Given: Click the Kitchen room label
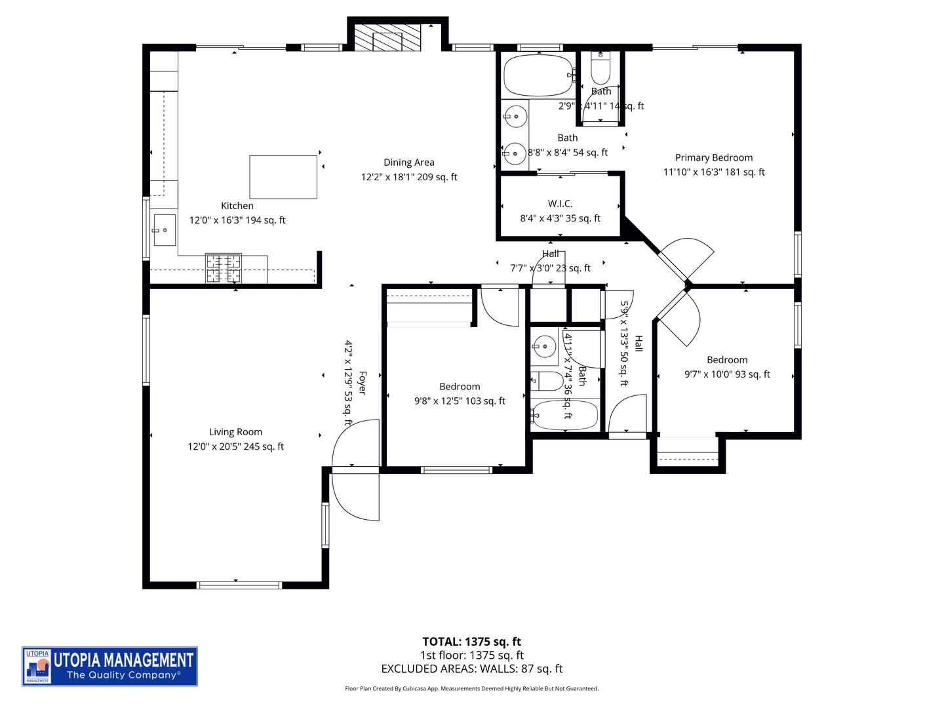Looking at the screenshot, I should coord(237,206).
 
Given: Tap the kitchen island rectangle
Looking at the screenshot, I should coord(283,177).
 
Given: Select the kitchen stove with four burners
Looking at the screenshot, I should coord(224,268).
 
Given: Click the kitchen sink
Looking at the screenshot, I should coord(164,230).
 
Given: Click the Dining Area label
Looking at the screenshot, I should coord(409,163).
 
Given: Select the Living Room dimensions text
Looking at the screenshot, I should coord(236,446).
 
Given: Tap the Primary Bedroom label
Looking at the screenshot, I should coord(714,158).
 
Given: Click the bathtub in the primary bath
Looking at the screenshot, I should coord(538,75).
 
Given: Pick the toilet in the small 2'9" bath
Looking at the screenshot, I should coord(600,67).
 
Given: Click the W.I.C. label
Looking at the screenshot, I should coord(560,204).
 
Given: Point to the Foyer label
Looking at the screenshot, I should coord(362,383).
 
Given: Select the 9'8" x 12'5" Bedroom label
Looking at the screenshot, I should coord(460,387).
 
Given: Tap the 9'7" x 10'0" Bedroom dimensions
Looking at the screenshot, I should coord(727,374).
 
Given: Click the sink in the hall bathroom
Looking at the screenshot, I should coord(544,345).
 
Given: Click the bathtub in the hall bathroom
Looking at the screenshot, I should coord(565,414).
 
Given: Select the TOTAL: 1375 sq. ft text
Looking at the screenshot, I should coord(471,642).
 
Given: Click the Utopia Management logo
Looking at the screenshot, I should coord(109,666).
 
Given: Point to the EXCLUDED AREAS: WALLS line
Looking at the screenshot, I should coord(471,669).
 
